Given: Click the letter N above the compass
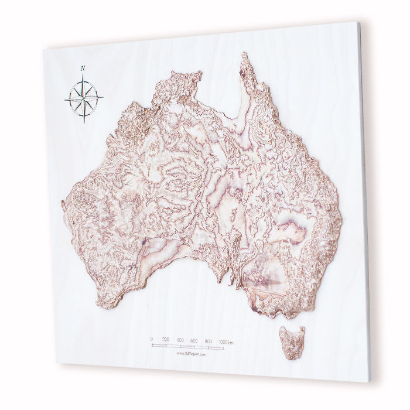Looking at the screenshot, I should [83, 68].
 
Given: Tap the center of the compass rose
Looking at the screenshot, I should [83, 97].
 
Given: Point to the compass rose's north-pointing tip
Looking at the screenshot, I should [83, 74].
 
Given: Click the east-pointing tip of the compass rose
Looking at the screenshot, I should [104, 95].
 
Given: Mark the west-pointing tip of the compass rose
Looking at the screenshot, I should [64, 100].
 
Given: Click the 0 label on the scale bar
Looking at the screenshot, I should [152, 339].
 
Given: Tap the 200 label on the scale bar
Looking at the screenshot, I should [166, 339].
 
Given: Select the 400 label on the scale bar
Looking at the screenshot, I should [180, 340].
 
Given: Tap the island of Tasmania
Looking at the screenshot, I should [292, 341].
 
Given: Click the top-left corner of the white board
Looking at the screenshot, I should [43, 49].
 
